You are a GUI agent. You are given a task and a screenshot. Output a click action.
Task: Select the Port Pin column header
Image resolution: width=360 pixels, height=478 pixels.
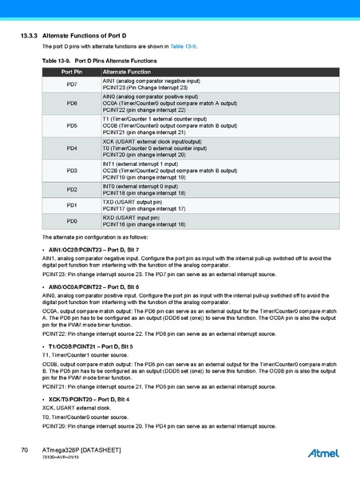point(72,72)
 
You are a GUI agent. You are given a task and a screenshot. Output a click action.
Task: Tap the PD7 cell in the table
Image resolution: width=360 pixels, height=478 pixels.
point(72,85)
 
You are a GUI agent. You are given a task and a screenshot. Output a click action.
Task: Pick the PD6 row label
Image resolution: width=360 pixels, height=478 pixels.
point(72,104)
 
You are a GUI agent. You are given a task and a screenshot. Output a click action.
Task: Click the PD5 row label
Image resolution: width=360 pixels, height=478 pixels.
point(72,126)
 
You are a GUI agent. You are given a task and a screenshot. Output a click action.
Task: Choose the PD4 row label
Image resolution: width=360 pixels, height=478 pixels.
point(72,148)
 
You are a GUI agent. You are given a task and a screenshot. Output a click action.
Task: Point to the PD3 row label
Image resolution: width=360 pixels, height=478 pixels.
point(72,171)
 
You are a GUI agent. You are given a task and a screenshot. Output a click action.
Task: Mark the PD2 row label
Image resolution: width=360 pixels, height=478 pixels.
point(72,190)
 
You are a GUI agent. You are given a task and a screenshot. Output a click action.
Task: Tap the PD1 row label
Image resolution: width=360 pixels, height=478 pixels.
point(72,205)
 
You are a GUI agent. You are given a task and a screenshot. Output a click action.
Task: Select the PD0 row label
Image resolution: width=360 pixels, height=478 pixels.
point(72,221)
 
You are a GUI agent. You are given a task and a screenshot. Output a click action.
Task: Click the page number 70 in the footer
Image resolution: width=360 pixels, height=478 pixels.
point(25,451)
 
